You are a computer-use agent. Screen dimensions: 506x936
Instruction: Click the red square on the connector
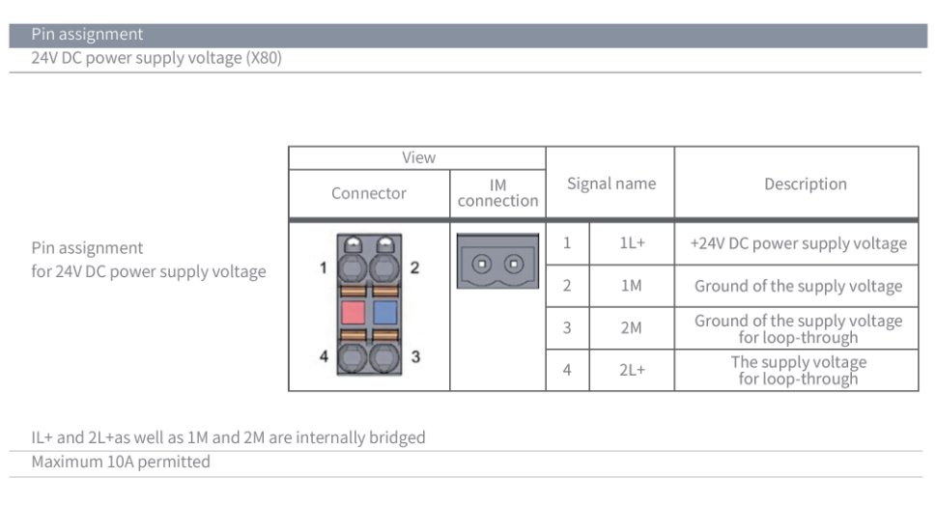pyautogui.click(x=353, y=312)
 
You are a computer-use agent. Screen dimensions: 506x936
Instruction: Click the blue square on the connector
pyautogui.click(x=385, y=312)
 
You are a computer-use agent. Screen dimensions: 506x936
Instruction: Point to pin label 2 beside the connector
pyautogui.click(x=414, y=267)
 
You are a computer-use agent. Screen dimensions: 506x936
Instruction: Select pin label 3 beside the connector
pyautogui.click(x=415, y=356)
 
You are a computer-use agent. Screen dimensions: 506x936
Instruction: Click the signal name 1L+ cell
pyautogui.click(x=632, y=244)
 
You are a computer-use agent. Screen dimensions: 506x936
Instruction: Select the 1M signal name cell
pyautogui.click(x=632, y=286)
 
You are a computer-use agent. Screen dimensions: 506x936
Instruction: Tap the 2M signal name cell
pyautogui.click(x=632, y=327)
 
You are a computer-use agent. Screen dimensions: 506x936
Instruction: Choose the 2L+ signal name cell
pyautogui.click(x=632, y=369)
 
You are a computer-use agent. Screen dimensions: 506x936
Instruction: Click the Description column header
pyautogui.click(x=805, y=183)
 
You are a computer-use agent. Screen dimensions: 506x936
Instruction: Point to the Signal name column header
pyautogui.click(x=610, y=183)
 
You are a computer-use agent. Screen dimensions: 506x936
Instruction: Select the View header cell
pyautogui.click(x=418, y=157)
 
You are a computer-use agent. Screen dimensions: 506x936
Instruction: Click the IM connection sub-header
pyautogui.click(x=497, y=193)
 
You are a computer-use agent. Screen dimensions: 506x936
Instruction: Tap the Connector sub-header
pyautogui.click(x=369, y=193)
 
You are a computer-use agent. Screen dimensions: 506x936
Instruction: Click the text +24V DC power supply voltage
pyautogui.click(x=798, y=243)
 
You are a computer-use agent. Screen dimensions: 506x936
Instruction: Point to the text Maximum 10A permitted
pyautogui.click(x=121, y=462)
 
